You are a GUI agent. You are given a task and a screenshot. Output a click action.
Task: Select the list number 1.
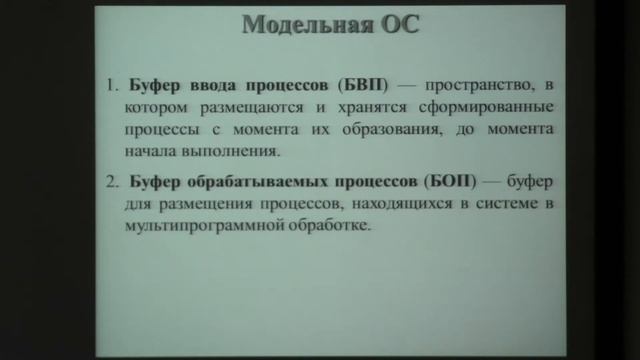pos(109,84)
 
